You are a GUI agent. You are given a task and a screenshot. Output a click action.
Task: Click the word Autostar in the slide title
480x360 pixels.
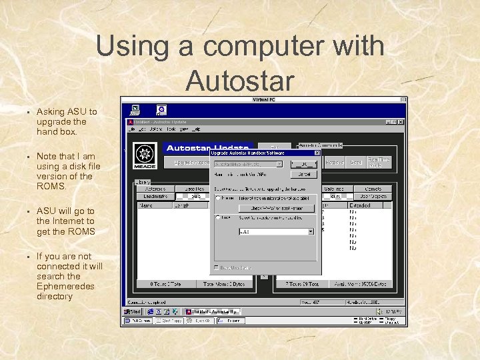(x=240, y=81)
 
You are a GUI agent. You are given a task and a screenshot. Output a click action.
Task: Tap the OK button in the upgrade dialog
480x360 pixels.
(x=303, y=163)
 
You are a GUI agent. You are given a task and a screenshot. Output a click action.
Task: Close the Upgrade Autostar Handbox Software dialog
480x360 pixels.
(x=317, y=153)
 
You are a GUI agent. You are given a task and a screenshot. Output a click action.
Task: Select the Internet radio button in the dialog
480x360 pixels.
(x=218, y=198)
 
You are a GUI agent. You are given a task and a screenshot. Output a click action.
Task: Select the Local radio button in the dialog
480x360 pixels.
(x=218, y=217)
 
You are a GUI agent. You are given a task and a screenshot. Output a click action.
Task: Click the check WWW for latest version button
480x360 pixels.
(x=276, y=208)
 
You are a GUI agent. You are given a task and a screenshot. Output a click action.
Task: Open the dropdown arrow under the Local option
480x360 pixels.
(x=311, y=231)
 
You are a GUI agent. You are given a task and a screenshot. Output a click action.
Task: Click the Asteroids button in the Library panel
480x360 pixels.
(x=155, y=189)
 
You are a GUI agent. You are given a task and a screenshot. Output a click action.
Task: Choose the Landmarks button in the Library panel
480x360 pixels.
(x=155, y=197)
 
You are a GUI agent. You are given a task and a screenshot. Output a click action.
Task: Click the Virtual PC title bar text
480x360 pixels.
(x=264, y=99)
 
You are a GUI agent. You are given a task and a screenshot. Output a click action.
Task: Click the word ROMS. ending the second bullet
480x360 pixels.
(x=51, y=186)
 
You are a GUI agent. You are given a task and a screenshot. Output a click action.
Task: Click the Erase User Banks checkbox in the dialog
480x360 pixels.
(x=215, y=267)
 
